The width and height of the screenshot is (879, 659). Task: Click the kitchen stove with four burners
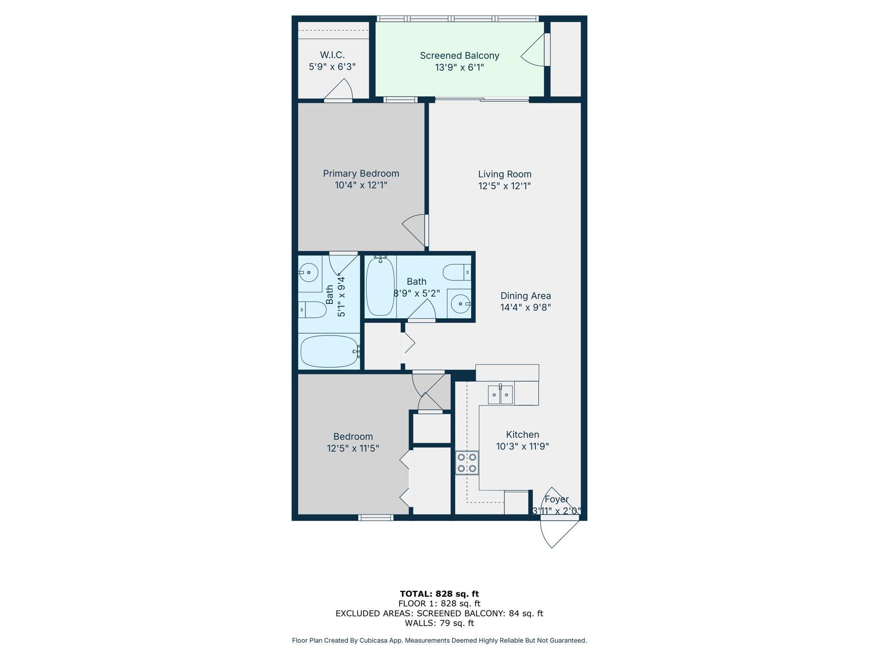click(467, 463)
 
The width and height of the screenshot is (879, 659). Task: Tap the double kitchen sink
click(500, 395)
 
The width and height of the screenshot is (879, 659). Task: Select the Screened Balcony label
click(459, 56)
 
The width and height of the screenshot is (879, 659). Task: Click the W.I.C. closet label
click(332, 55)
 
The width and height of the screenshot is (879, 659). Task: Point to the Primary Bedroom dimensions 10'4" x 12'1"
click(361, 185)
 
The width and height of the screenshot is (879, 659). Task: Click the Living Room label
click(505, 174)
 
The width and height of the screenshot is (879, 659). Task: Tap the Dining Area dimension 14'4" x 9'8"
click(525, 307)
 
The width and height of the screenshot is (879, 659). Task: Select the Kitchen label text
click(522, 435)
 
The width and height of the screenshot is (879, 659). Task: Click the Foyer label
click(557, 499)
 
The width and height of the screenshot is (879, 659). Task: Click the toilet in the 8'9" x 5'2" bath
click(457, 272)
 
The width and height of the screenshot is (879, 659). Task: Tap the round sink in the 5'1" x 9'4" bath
click(308, 272)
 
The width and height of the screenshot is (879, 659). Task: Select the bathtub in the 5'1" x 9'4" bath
click(330, 351)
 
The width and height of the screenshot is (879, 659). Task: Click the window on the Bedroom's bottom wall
click(376, 518)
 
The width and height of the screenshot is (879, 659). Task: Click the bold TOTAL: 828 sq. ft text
click(439, 594)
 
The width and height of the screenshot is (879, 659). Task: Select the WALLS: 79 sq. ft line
click(439, 623)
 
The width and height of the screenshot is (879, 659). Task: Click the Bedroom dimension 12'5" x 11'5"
click(353, 448)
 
